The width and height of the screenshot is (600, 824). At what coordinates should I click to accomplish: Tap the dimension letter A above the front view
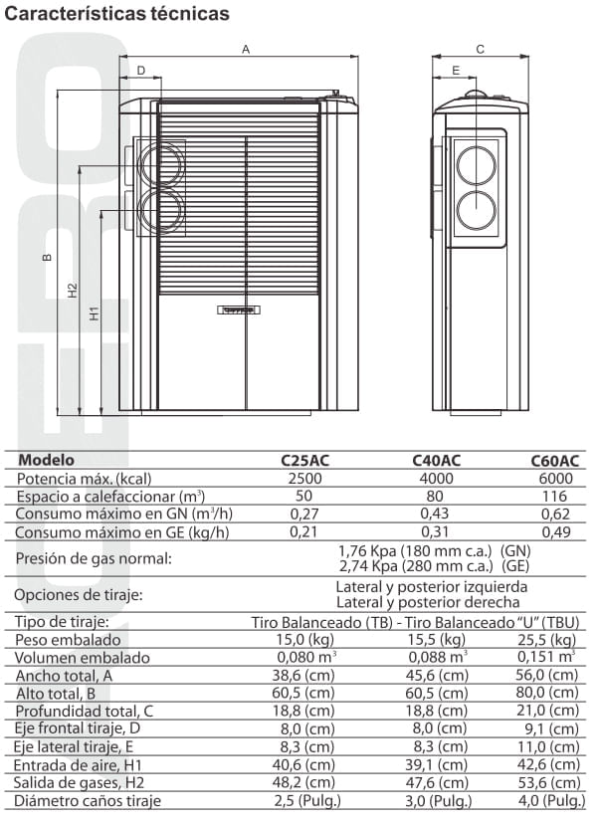246,49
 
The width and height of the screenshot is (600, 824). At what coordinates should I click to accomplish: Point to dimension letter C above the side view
480,49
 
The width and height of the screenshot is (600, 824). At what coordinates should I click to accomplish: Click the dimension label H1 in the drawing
95,312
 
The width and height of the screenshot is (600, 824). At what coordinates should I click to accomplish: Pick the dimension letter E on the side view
455,71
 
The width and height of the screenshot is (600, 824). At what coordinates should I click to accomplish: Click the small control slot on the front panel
239,309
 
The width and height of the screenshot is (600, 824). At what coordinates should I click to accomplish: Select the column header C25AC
305,461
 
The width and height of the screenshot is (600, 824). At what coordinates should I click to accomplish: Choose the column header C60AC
554,461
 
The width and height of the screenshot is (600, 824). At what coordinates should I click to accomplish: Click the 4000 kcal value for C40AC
436,478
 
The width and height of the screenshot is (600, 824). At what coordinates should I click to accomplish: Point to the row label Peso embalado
69,640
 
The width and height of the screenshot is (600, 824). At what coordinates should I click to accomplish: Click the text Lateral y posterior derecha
428,602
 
